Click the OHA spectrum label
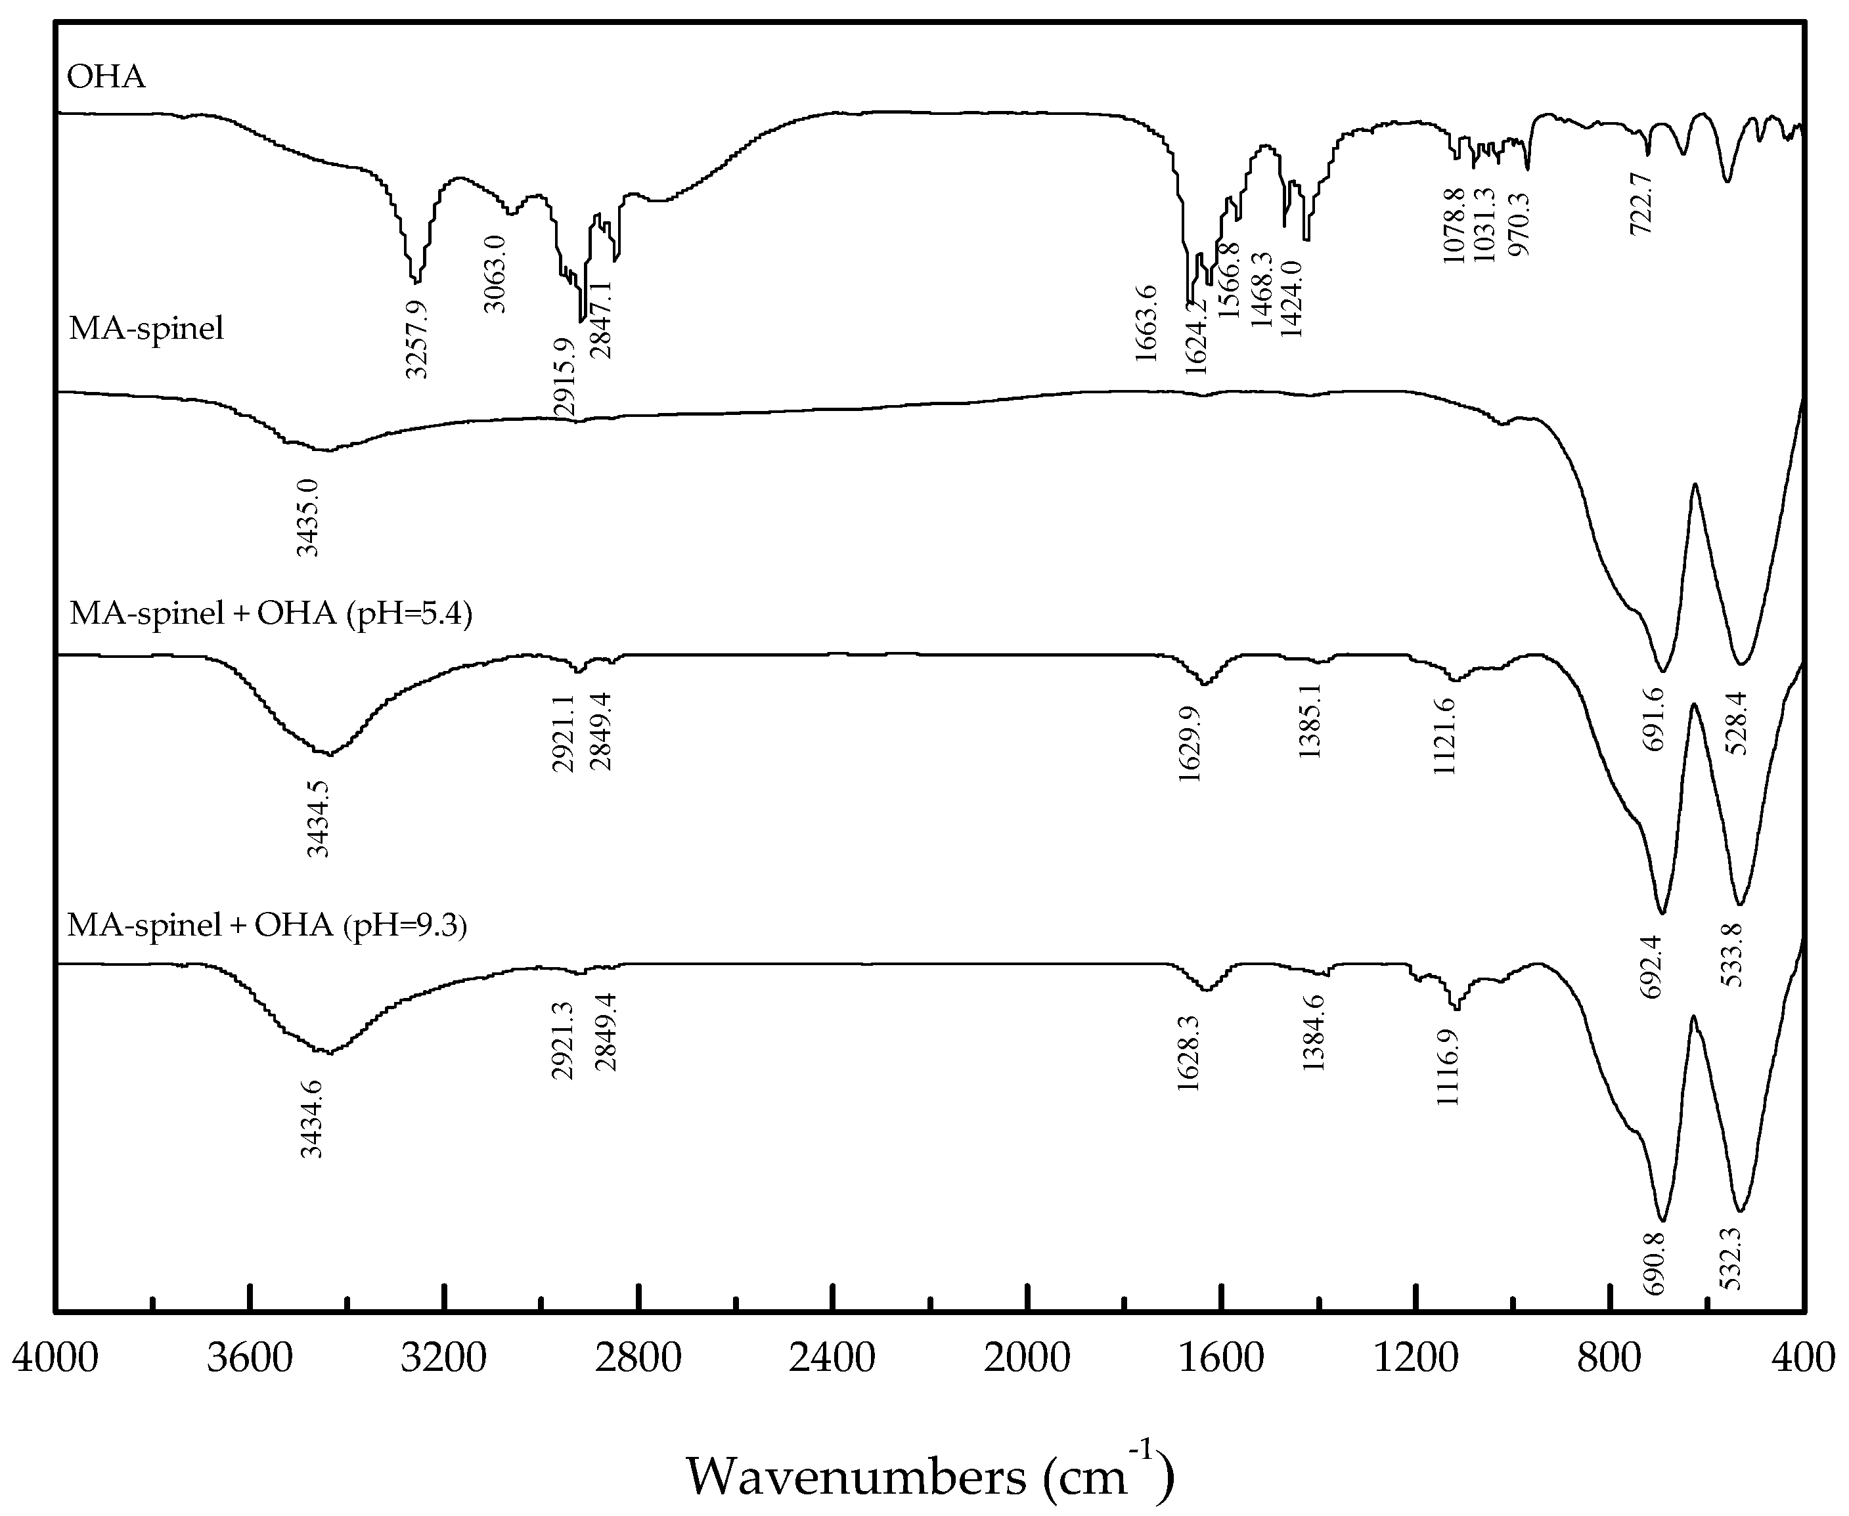[106, 77]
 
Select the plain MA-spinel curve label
[146, 329]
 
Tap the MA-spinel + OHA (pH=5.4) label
[270, 614]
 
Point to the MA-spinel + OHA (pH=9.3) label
[267, 924]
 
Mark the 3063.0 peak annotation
[495, 273]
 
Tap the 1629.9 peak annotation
[1190, 743]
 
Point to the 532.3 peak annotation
[1729, 1257]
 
